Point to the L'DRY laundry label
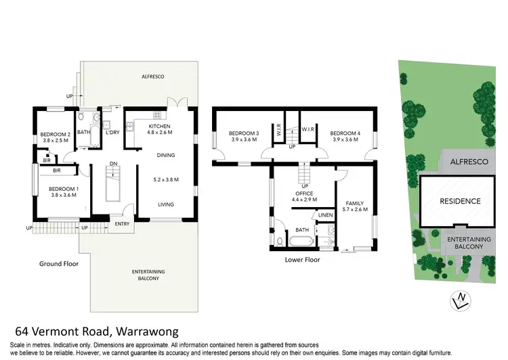[112, 133]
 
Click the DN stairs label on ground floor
[113, 163]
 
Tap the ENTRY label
[122, 224]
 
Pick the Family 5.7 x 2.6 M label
[356, 206]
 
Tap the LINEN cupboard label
[325, 216]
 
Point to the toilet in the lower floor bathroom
[279, 240]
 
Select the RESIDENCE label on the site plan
[459, 201]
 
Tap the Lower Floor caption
[302, 258]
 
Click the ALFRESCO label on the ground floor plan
[152, 76]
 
